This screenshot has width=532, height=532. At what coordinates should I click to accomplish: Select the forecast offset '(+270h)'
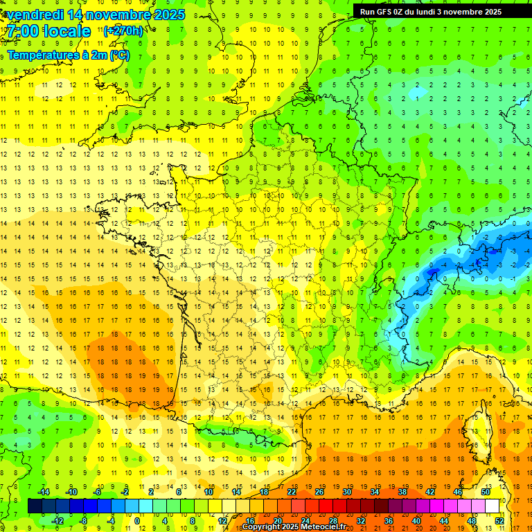click(x=123, y=31)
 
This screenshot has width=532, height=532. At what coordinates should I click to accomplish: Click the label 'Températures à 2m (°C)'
click(x=68, y=55)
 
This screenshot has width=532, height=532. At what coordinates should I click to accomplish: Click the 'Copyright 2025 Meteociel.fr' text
click(x=294, y=527)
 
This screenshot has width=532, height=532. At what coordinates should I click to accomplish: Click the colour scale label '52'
click(x=499, y=521)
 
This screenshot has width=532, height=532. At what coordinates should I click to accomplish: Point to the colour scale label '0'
click(x=137, y=521)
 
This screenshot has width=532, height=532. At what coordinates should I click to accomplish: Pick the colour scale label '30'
click(x=346, y=492)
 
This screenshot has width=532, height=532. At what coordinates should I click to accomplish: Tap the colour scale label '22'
click(x=292, y=492)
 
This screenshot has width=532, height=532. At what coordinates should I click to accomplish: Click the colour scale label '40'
click(x=416, y=521)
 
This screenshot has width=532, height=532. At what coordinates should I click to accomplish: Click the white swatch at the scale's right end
click(x=492, y=506)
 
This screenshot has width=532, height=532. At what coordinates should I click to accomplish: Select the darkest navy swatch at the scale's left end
click(x=35, y=506)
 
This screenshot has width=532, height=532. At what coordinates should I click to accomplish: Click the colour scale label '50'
click(x=485, y=492)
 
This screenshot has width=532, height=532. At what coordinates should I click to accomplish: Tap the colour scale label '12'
click(x=222, y=521)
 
